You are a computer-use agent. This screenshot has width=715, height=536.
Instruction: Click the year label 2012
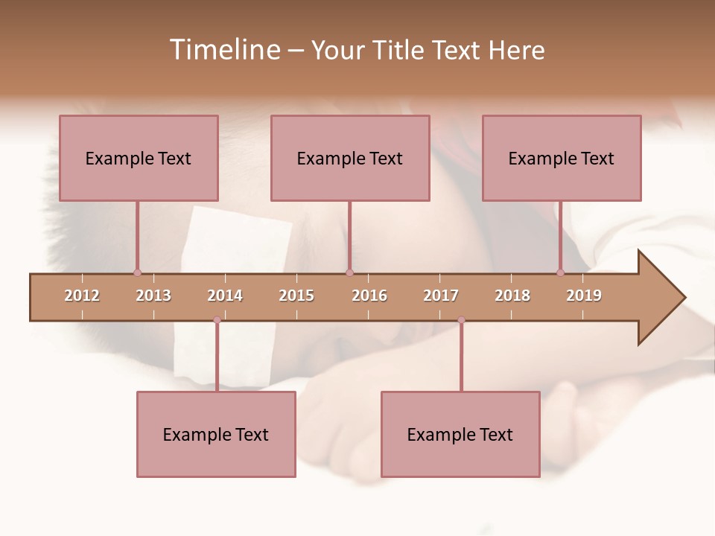tap(82, 296)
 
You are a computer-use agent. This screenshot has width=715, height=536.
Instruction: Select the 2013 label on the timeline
tap(153, 296)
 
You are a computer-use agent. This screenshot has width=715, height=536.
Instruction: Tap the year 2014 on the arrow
tap(225, 296)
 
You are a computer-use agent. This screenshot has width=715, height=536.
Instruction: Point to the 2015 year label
tap(296, 296)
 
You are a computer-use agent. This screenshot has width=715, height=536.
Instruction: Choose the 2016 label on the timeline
tap(369, 296)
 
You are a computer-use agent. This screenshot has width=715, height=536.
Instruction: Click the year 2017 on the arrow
tap(441, 296)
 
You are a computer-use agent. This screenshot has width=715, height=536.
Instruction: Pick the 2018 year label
tap(512, 296)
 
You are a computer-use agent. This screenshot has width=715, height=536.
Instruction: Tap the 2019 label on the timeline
tap(584, 296)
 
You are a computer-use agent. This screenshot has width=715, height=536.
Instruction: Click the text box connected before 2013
tap(139, 158)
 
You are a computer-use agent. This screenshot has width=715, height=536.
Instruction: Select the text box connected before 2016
tap(350, 158)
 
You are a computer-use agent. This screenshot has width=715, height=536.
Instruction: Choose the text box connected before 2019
tap(562, 158)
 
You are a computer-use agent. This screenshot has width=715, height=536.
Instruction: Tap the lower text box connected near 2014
tap(216, 434)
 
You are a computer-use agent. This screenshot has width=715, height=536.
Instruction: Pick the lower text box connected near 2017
tap(460, 434)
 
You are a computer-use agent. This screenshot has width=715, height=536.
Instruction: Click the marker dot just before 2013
tap(137, 272)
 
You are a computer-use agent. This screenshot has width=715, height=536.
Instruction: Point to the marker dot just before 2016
tap(349, 272)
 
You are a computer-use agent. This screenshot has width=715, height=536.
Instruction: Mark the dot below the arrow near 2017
tap(461, 320)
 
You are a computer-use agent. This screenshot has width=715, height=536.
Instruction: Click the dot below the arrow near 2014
tap(217, 320)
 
